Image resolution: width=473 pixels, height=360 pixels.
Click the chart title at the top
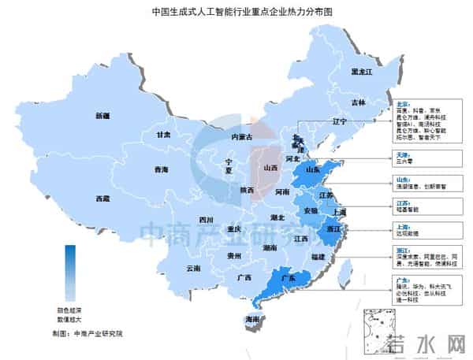[236, 12]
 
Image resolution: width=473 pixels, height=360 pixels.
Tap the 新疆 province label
[102, 117]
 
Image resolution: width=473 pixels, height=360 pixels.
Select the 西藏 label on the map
[102, 198]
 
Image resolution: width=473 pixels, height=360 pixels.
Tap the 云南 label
[194, 268]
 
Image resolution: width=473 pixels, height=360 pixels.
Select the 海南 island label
[253, 320]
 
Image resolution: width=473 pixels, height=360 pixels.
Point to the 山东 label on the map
[313, 170]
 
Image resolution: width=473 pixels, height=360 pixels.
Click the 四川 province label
[206, 220]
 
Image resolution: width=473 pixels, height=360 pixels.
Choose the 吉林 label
[359, 102]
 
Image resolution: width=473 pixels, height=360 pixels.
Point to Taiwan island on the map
[345, 269]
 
